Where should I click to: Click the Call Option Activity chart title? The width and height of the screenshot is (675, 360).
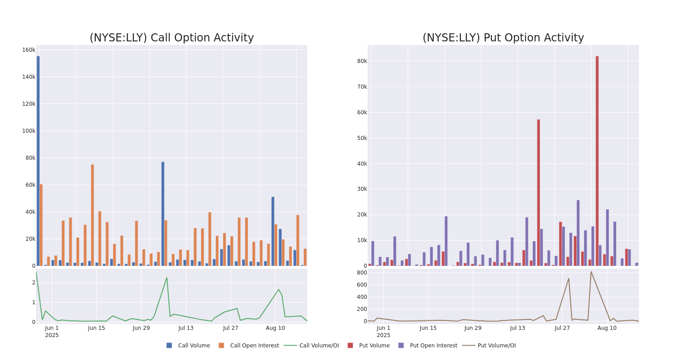[x=171, y=38]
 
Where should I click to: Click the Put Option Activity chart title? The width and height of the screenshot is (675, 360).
[x=503, y=38]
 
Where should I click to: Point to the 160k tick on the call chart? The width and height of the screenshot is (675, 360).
[x=28, y=50]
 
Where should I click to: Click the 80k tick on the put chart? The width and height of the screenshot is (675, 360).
[x=362, y=61]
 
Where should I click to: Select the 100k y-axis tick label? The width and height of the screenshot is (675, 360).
[x=28, y=131]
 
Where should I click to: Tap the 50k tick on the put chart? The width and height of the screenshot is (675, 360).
[x=362, y=138]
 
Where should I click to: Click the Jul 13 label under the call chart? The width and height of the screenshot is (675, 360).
[x=186, y=328]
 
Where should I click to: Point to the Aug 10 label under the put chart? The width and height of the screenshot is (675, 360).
[x=607, y=328]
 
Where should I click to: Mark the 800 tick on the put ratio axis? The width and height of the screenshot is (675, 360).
[x=362, y=273]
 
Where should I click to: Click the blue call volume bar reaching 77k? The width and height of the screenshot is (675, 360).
[x=163, y=214]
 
